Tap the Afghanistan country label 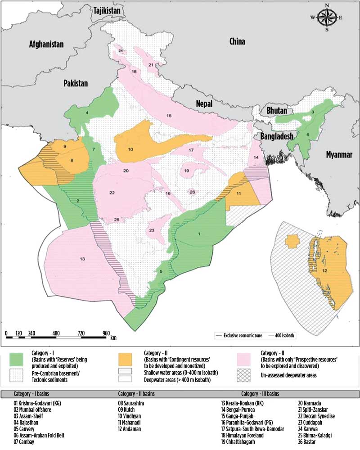[47, 44]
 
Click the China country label [237, 42]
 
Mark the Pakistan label [75, 83]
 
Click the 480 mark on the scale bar [56, 333]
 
